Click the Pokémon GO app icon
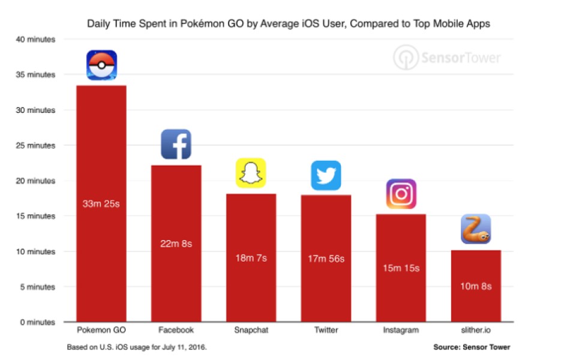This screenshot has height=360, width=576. click(101, 65)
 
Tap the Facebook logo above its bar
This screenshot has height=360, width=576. click(176, 145)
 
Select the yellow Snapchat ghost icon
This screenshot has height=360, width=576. click(251, 173)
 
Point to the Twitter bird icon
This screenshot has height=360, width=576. click(326, 176)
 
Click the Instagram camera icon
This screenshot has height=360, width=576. click(401, 194)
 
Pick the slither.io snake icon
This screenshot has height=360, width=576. click(476, 229)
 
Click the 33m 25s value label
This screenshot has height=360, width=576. click(101, 203)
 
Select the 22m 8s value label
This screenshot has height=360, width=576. click(176, 243)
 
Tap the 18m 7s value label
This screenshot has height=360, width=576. click(251, 258)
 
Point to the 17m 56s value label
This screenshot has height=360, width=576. click(326, 259)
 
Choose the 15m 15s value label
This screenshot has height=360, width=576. click(401, 268)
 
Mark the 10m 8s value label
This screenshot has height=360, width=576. click(476, 286)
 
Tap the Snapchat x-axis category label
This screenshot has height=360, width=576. click(251, 330)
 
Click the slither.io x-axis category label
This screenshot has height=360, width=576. click(476, 330)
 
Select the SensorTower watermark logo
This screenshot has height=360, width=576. click(447, 58)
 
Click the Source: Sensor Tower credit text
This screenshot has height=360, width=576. click(472, 347)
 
